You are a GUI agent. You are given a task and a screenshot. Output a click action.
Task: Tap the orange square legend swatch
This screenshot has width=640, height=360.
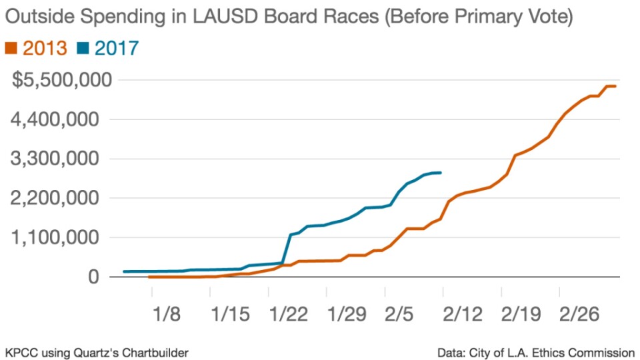(x=11, y=48)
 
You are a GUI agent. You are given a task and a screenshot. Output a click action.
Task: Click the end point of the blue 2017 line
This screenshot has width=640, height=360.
(x=441, y=173)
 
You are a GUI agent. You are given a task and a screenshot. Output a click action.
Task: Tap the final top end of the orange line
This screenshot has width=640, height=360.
(x=615, y=86)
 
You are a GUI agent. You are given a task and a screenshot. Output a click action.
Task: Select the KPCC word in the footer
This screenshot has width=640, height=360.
(x=20, y=352)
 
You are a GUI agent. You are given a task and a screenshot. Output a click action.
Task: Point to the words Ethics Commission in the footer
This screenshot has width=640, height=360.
(x=588, y=352)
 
